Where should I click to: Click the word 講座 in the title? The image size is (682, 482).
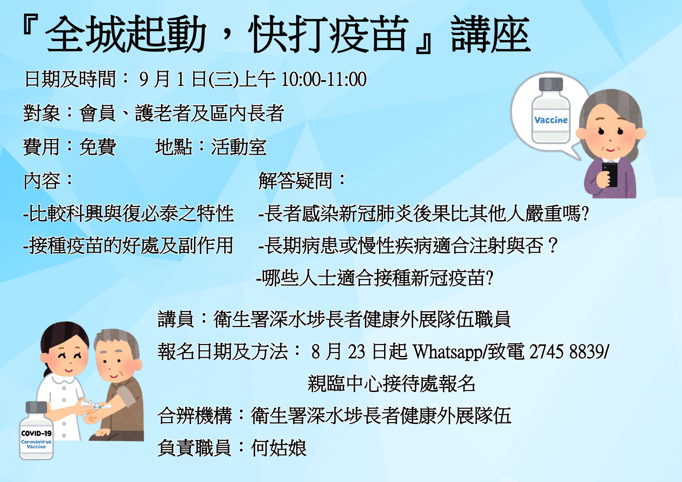pos(490,34)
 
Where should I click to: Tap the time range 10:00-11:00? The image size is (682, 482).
pos(324,79)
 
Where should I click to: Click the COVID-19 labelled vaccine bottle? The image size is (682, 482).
pos(36,430)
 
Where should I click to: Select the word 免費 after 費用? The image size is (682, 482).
pos(97,147)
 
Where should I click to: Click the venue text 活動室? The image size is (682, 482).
pos(239,147)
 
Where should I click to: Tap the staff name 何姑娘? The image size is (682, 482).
pos(279,448)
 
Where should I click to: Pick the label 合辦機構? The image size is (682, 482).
pos(194,416)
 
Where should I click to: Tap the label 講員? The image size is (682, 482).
pos(176,319)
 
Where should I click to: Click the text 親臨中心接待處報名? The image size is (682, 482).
pos(391,384)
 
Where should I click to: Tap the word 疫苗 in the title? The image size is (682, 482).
pos(368,34)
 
